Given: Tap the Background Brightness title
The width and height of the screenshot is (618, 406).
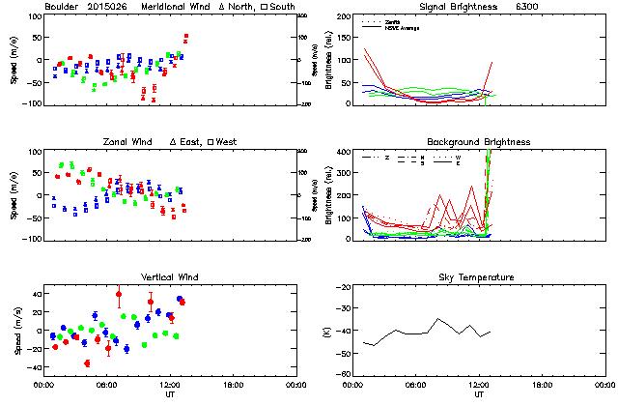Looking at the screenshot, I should (x=479, y=142).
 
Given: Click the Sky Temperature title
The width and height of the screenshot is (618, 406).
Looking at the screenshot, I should (x=479, y=277).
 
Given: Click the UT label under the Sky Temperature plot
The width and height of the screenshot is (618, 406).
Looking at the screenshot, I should (x=479, y=395).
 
